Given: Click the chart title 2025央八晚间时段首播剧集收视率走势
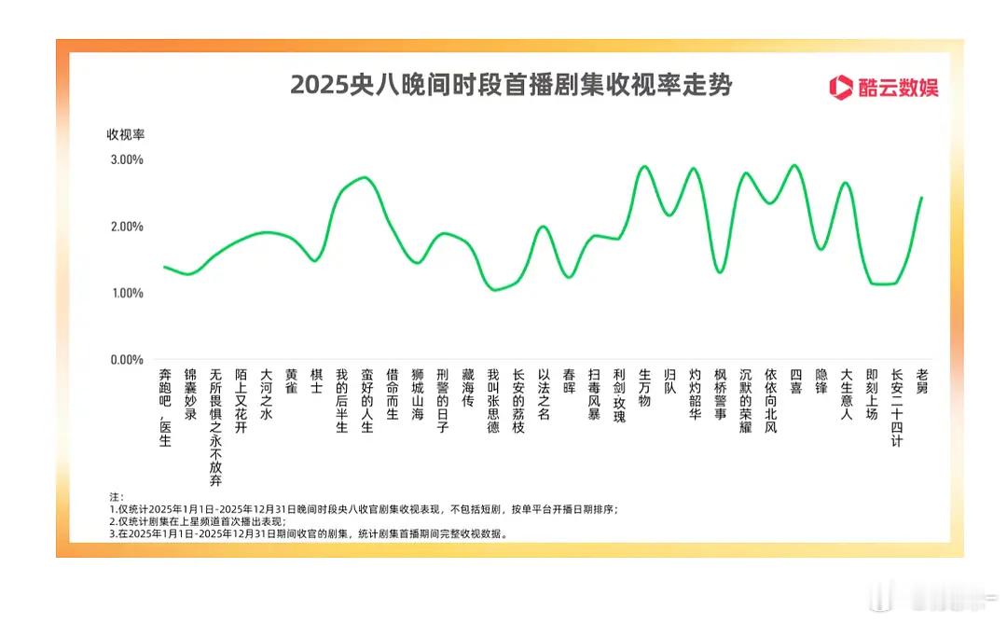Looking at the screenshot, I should [x=510, y=86].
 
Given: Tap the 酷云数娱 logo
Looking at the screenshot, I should [x=884, y=88].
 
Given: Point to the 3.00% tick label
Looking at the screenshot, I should [x=127, y=159].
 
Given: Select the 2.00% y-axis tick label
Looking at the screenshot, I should [x=127, y=227].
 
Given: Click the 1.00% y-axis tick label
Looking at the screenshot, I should [x=127, y=293].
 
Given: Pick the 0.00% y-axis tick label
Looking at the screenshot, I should [x=127, y=360].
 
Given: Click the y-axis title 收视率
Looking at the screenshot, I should [x=124, y=134].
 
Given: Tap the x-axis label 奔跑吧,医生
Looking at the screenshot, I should [x=165, y=407].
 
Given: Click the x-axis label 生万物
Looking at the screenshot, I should [x=644, y=387].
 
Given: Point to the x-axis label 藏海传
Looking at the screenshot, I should [x=468, y=387].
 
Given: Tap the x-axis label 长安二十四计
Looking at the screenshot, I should [x=897, y=407].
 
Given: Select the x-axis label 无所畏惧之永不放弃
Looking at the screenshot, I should [x=215, y=427].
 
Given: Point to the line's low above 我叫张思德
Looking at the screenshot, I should [x=494, y=290].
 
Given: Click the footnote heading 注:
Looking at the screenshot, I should [x=116, y=497].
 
